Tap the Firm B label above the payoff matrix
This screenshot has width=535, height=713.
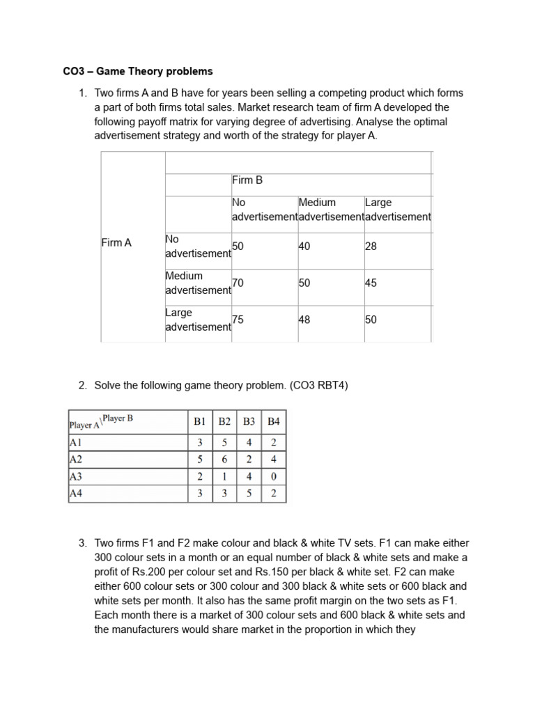pos(247,180)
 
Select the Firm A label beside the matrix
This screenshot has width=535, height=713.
pos(116,243)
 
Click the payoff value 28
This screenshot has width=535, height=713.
pos(371,246)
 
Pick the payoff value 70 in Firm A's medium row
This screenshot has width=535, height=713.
pos(238,283)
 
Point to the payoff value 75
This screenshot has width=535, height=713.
pos(238,320)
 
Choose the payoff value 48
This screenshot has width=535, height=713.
pos(304,320)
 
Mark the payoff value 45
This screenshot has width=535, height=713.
pos(371,283)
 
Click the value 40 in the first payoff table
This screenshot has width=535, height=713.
pos(304,246)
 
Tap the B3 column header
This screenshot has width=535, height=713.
pos(249,421)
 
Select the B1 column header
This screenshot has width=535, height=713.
pos(200,421)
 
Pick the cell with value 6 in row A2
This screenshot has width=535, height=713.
pos(224,459)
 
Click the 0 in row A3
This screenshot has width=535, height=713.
pos(274,476)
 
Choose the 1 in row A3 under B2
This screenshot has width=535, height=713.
pos(224,476)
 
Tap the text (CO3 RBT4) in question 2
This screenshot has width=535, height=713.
pos(313,385)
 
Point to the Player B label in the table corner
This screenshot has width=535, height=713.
pos(118,418)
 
